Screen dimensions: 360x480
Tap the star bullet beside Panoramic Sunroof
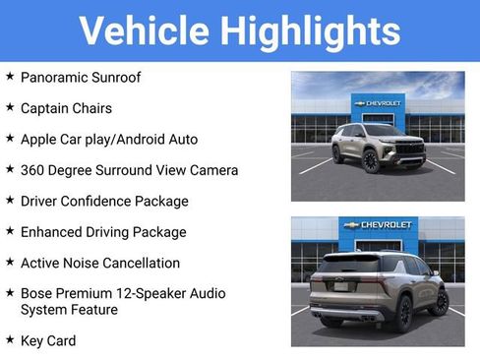click(x=10, y=75)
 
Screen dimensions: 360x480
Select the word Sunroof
click(x=142, y=77)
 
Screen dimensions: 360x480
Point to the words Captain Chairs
click(x=66, y=108)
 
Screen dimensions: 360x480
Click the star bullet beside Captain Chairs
click(x=10, y=106)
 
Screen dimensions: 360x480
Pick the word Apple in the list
click(x=40, y=140)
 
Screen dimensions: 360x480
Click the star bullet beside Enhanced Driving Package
click(x=10, y=230)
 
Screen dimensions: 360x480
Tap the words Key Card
click(x=48, y=340)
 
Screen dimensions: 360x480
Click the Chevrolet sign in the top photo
click(x=378, y=103)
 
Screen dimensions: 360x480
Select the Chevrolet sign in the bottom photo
click(x=378, y=225)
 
